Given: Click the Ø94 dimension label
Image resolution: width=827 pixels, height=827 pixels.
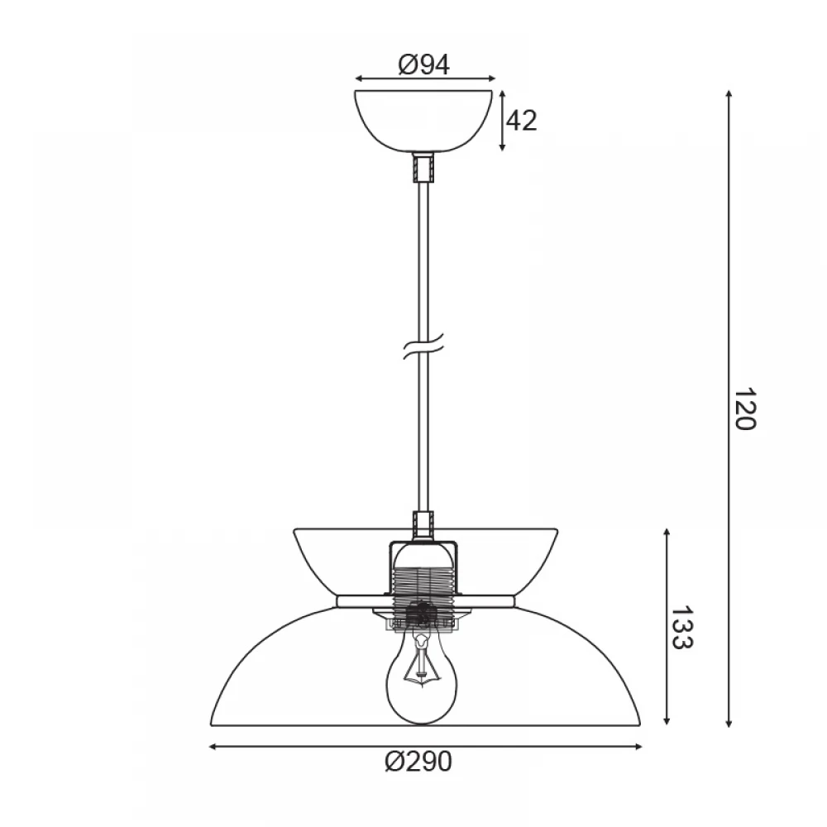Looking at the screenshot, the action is (x=424, y=65).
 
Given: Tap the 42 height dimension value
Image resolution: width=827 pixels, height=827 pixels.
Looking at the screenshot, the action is (x=521, y=121).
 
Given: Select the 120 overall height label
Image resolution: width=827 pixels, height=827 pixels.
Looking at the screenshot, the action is (x=745, y=409).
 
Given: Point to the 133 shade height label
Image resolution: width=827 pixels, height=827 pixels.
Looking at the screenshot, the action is (x=681, y=627).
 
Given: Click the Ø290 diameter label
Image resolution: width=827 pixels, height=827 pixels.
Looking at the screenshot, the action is (x=418, y=762).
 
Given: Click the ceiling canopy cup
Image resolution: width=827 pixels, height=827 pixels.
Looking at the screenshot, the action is (x=423, y=121).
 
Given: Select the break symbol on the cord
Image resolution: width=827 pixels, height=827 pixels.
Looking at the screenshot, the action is (x=423, y=346).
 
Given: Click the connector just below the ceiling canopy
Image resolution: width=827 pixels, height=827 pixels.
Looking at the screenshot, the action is (x=423, y=167).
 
